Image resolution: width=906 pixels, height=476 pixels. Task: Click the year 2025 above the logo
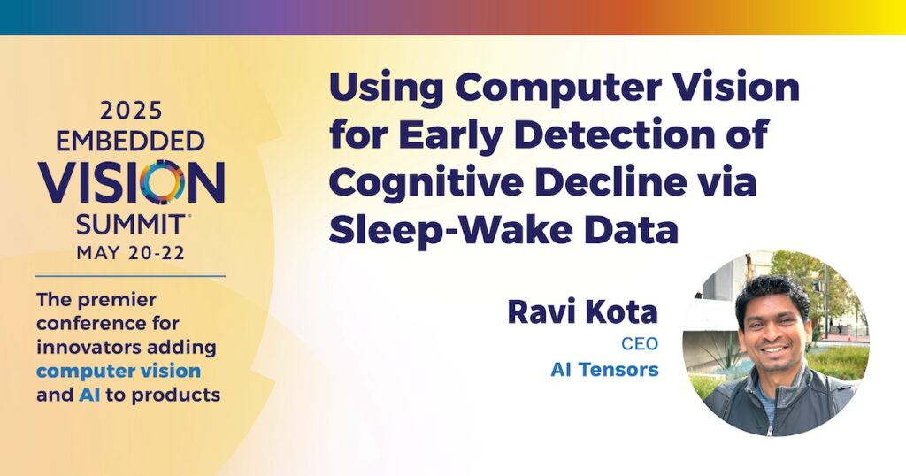click(131, 111)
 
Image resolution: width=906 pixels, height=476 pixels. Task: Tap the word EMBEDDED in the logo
click(131, 142)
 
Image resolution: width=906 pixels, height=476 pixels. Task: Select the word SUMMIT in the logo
click(131, 224)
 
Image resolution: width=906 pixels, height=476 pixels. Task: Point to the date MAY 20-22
click(131, 253)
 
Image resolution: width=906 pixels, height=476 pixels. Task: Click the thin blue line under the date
click(131, 276)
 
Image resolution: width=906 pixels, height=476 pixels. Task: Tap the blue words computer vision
click(119, 371)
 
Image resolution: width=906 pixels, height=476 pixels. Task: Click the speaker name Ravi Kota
click(582, 312)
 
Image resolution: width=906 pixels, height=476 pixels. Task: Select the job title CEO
click(640, 344)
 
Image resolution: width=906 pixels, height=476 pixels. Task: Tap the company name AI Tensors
click(604, 370)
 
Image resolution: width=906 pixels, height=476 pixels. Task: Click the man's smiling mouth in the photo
click(775, 349)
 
